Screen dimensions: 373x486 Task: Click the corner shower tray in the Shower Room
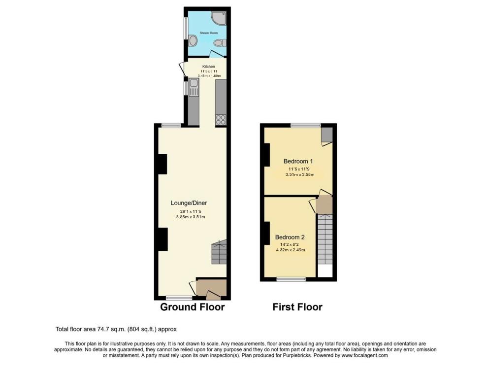pos(219,18)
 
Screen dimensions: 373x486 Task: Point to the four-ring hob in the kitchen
pos(221,119)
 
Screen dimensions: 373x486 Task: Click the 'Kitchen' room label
pos(209,67)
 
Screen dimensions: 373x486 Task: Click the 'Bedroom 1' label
pos(298,161)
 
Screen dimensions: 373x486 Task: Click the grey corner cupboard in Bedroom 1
pos(327,134)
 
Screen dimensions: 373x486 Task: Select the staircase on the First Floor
pos(324,239)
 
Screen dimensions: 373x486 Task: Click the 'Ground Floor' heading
pos(193,307)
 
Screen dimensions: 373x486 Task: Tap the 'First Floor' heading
pos(297,307)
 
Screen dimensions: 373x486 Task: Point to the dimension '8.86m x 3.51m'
pos(188,217)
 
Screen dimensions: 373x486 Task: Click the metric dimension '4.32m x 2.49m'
pos(291,250)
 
